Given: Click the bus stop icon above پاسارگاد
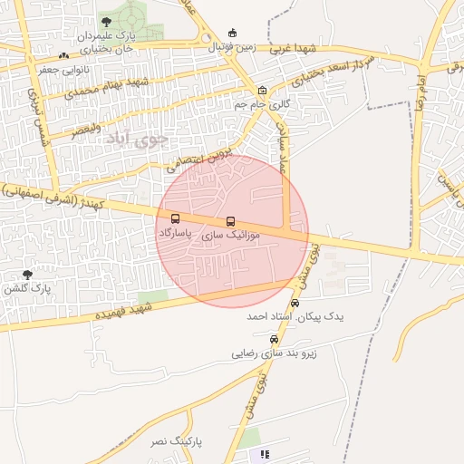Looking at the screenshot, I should click(175, 218).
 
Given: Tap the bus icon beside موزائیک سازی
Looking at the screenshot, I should click(230, 221).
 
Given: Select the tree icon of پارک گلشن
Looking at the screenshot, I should click(27, 274).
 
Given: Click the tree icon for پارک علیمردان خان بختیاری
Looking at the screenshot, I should click(107, 21).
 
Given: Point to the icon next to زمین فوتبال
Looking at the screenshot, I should click(233, 34).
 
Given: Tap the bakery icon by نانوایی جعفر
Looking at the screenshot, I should click(63, 56).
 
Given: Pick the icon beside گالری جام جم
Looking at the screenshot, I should click(262, 90).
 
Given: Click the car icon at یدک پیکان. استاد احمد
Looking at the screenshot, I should click(294, 304).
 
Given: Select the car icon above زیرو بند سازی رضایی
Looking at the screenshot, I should click(275, 339).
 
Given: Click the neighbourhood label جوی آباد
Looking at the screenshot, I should click(136, 140).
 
